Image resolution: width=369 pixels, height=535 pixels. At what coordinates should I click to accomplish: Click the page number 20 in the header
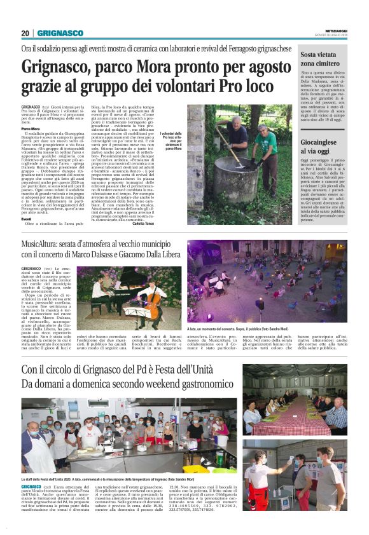click(x=25, y=33)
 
